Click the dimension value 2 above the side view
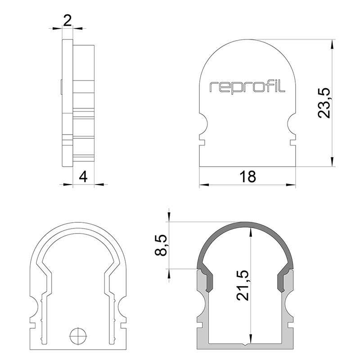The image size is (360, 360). pyautogui.click(x=67, y=21)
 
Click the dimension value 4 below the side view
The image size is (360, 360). pyautogui.click(x=83, y=177)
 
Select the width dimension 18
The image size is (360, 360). pyautogui.click(x=247, y=177)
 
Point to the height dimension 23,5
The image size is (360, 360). pyautogui.click(x=324, y=103)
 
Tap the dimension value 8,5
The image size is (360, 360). pyautogui.click(x=161, y=245)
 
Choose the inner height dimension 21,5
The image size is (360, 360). pyautogui.click(x=243, y=285)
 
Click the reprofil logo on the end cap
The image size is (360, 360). pyautogui.click(x=247, y=87)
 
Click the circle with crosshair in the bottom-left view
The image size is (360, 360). pyautogui.click(x=78, y=335)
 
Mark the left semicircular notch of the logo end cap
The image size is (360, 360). pyautogui.click(x=203, y=125)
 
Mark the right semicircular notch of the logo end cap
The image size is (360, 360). pyautogui.click(x=292, y=125)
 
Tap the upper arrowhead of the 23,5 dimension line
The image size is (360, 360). pyautogui.click(x=332, y=44)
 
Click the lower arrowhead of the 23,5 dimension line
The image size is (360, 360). pyautogui.click(x=332, y=162)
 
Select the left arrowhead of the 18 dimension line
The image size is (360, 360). pyautogui.click(x=204, y=184)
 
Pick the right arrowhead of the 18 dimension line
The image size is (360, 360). pyautogui.click(x=291, y=184)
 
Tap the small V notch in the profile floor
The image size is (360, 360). pyautogui.click(x=245, y=344)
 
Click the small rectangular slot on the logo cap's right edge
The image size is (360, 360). pyautogui.click(x=293, y=143)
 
